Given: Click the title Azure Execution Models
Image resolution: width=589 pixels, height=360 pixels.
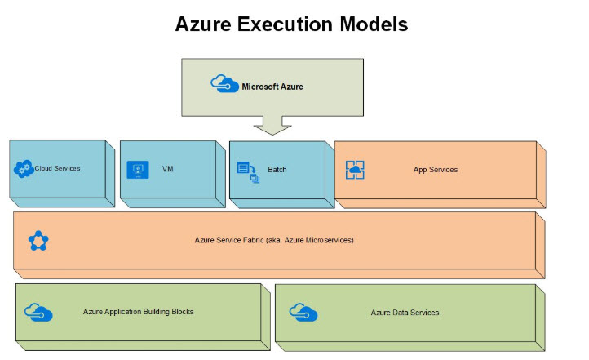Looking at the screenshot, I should (x=291, y=24).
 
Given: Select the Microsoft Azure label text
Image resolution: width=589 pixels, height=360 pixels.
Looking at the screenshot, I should (x=272, y=86).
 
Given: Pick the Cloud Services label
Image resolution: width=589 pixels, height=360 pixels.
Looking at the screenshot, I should (x=57, y=168).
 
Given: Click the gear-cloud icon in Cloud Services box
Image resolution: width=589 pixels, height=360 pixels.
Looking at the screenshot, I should (x=23, y=169).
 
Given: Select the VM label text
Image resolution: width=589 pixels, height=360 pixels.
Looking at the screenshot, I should (x=167, y=170).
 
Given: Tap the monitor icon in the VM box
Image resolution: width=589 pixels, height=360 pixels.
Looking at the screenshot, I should (x=137, y=170).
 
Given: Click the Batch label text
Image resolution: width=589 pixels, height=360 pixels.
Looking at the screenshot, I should (x=277, y=170).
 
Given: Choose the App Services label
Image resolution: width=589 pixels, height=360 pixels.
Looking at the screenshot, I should (x=435, y=170).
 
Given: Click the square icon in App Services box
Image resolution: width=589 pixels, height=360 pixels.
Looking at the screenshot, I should (x=354, y=170).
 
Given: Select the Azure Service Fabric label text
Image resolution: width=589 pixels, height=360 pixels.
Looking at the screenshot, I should (x=273, y=240).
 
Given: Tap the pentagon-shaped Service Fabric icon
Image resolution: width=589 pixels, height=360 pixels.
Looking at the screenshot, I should (x=38, y=240).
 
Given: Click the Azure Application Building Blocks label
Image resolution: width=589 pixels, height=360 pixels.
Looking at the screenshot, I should (x=138, y=311).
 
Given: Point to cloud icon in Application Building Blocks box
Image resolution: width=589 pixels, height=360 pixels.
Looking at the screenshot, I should (x=38, y=312).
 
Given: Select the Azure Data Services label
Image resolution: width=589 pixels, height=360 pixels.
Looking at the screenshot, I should (x=405, y=312).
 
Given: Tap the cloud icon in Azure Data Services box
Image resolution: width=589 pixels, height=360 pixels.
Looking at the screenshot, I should (x=303, y=312).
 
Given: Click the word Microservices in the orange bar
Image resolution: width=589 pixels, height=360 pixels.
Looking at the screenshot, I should (x=327, y=240).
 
